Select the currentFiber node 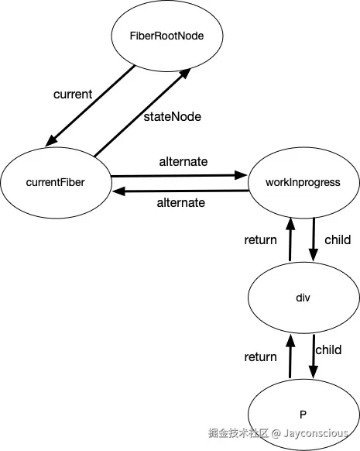(x=56, y=183)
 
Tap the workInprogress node (x=302, y=183)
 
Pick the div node (x=302, y=298)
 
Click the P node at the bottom (x=302, y=411)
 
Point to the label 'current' (x=73, y=94)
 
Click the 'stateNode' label (x=172, y=117)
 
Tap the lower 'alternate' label (x=181, y=203)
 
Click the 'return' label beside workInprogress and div (x=260, y=239)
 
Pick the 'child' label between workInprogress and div (x=337, y=239)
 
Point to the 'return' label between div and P (x=260, y=356)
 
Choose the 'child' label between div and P (x=328, y=350)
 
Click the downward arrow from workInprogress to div (x=313, y=242)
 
